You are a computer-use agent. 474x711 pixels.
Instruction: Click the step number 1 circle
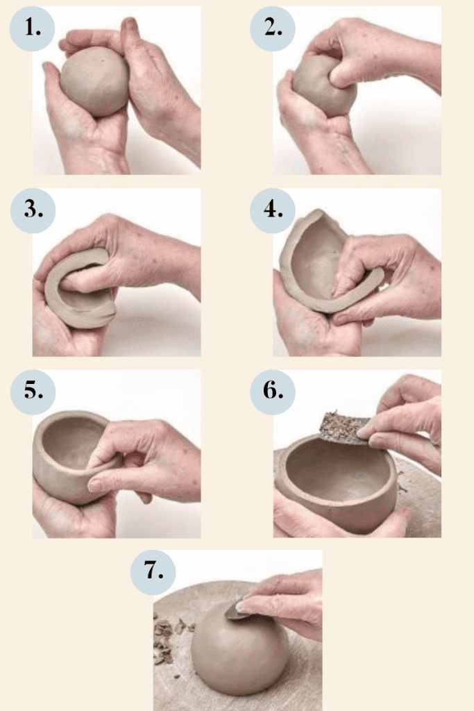point(32,28)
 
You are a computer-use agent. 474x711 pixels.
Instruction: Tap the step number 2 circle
point(273,28)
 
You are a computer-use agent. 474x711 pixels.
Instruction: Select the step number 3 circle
point(33,210)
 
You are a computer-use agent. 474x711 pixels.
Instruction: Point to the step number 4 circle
point(273,210)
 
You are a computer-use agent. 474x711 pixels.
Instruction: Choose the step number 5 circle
point(33,392)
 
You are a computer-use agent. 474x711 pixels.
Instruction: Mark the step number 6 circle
point(273,392)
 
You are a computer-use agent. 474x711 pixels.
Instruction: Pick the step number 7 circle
point(153,572)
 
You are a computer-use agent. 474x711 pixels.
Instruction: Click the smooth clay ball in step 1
point(95,81)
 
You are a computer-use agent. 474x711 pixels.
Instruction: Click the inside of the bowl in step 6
point(337,471)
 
